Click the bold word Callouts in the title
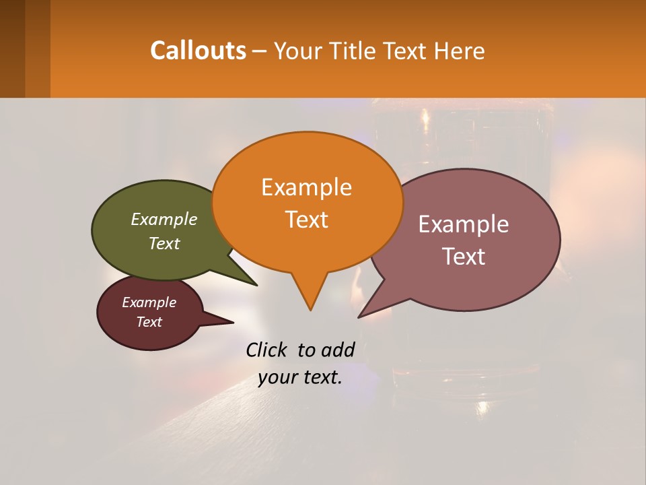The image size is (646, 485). click(x=198, y=51)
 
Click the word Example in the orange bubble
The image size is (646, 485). click(x=306, y=187)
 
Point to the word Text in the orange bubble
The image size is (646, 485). click(x=306, y=220)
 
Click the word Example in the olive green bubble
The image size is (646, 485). click(x=164, y=219)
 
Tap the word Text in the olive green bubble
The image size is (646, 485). click(x=164, y=243)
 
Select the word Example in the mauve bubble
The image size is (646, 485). click(x=464, y=224)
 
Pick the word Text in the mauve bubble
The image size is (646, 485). click(x=464, y=257)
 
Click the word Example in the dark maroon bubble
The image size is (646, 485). click(x=149, y=302)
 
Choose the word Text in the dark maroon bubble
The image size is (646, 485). click(x=149, y=322)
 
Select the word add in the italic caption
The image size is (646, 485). click(x=337, y=350)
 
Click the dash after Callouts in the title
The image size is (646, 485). click(x=259, y=51)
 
